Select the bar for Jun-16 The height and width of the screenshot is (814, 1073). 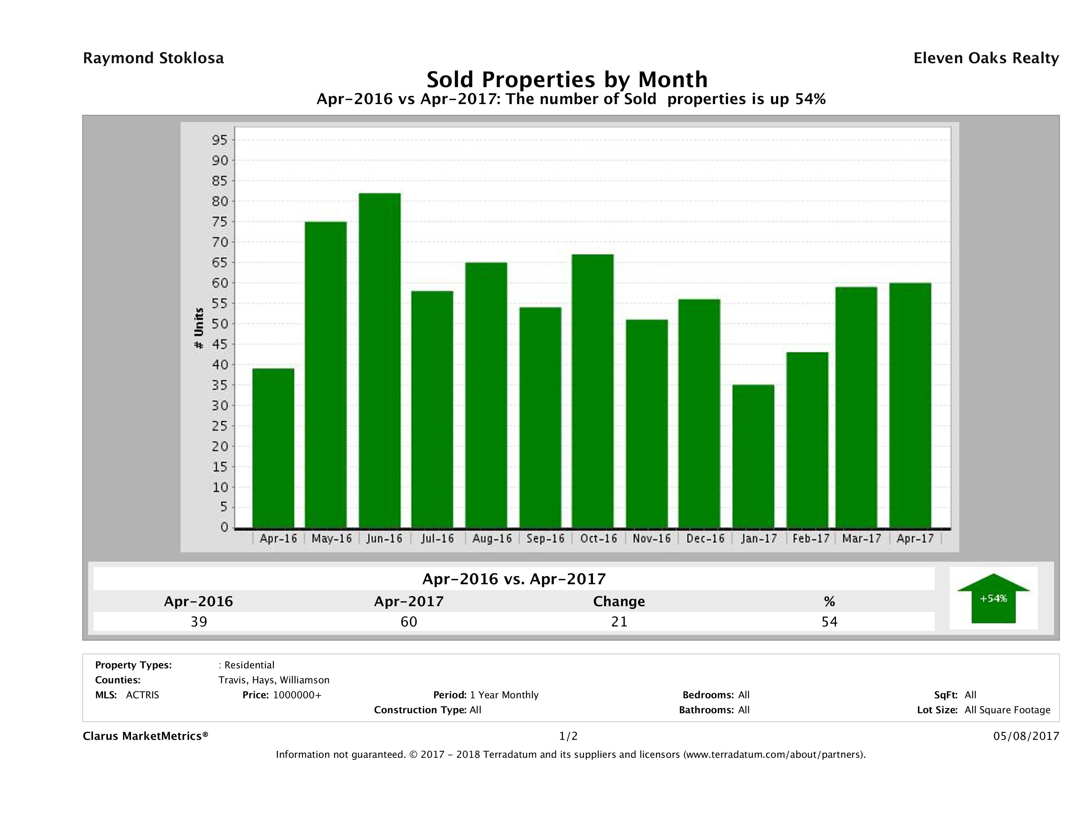380,360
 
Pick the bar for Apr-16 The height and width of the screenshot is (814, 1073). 273,448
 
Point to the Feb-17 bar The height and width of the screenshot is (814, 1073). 807,440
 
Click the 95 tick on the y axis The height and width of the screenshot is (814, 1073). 219,140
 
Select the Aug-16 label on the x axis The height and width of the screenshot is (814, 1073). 492,538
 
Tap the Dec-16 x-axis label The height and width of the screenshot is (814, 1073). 705,538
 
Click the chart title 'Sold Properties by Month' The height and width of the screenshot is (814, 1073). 567,79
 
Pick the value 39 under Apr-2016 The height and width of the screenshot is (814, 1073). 199,621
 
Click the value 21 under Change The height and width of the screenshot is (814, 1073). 619,621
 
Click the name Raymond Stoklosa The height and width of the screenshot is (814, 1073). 153,58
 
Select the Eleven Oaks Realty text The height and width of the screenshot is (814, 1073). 986,58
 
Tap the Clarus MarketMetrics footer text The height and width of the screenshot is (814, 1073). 146,736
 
